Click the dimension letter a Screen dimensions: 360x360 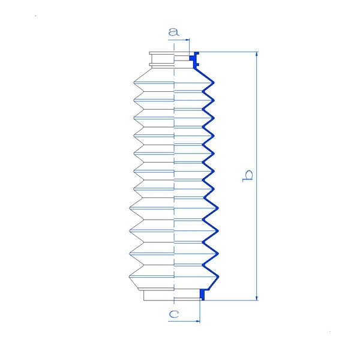(173, 32)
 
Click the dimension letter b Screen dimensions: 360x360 (248, 176)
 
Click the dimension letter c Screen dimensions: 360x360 (174, 314)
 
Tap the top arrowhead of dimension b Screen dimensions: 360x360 (257, 54)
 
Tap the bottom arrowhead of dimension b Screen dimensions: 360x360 (257, 298)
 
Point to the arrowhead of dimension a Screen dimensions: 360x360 (187, 40)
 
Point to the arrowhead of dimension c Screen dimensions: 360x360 (197, 321)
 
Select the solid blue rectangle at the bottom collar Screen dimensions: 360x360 (202, 295)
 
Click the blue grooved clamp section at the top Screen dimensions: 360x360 (194, 59)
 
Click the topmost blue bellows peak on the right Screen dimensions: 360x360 (214, 82)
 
